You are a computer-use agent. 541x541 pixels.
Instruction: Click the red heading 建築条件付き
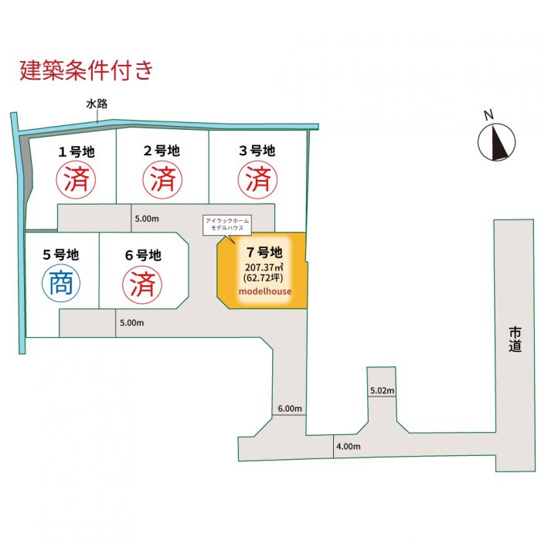click(x=86, y=70)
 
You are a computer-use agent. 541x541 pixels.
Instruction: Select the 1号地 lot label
click(x=77, y=151)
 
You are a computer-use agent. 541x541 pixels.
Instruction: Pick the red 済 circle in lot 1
click(x=77, y=181)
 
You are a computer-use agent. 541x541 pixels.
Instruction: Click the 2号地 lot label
click(x=162, y=151)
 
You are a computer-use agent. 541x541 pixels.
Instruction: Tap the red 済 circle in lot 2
click(x=162, y=181)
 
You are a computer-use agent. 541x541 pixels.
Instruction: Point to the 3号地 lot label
click(x=257, y=151)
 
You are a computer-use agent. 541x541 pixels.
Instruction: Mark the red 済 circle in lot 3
click(x=257, y=181)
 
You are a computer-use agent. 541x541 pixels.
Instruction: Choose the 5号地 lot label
click(x=61, y=254)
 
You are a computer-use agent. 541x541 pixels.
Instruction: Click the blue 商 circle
click(x=61, y=284)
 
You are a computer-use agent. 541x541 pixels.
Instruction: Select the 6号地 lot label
click(x=143, y=254)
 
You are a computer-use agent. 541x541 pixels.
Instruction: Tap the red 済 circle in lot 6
click(x=143, y=284)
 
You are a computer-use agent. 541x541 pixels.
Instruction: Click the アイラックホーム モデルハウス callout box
click(x=226, y=226)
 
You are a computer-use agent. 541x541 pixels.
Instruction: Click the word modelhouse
click(x=264, y=291)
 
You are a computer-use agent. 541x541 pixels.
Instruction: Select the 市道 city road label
click(x=515, y=340)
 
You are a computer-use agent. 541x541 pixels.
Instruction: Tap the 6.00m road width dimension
click(x=289, y=408)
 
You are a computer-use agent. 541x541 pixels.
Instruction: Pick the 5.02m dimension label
click(x=382, y=391)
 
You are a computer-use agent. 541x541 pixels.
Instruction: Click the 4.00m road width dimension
click(x=349, y=447)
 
